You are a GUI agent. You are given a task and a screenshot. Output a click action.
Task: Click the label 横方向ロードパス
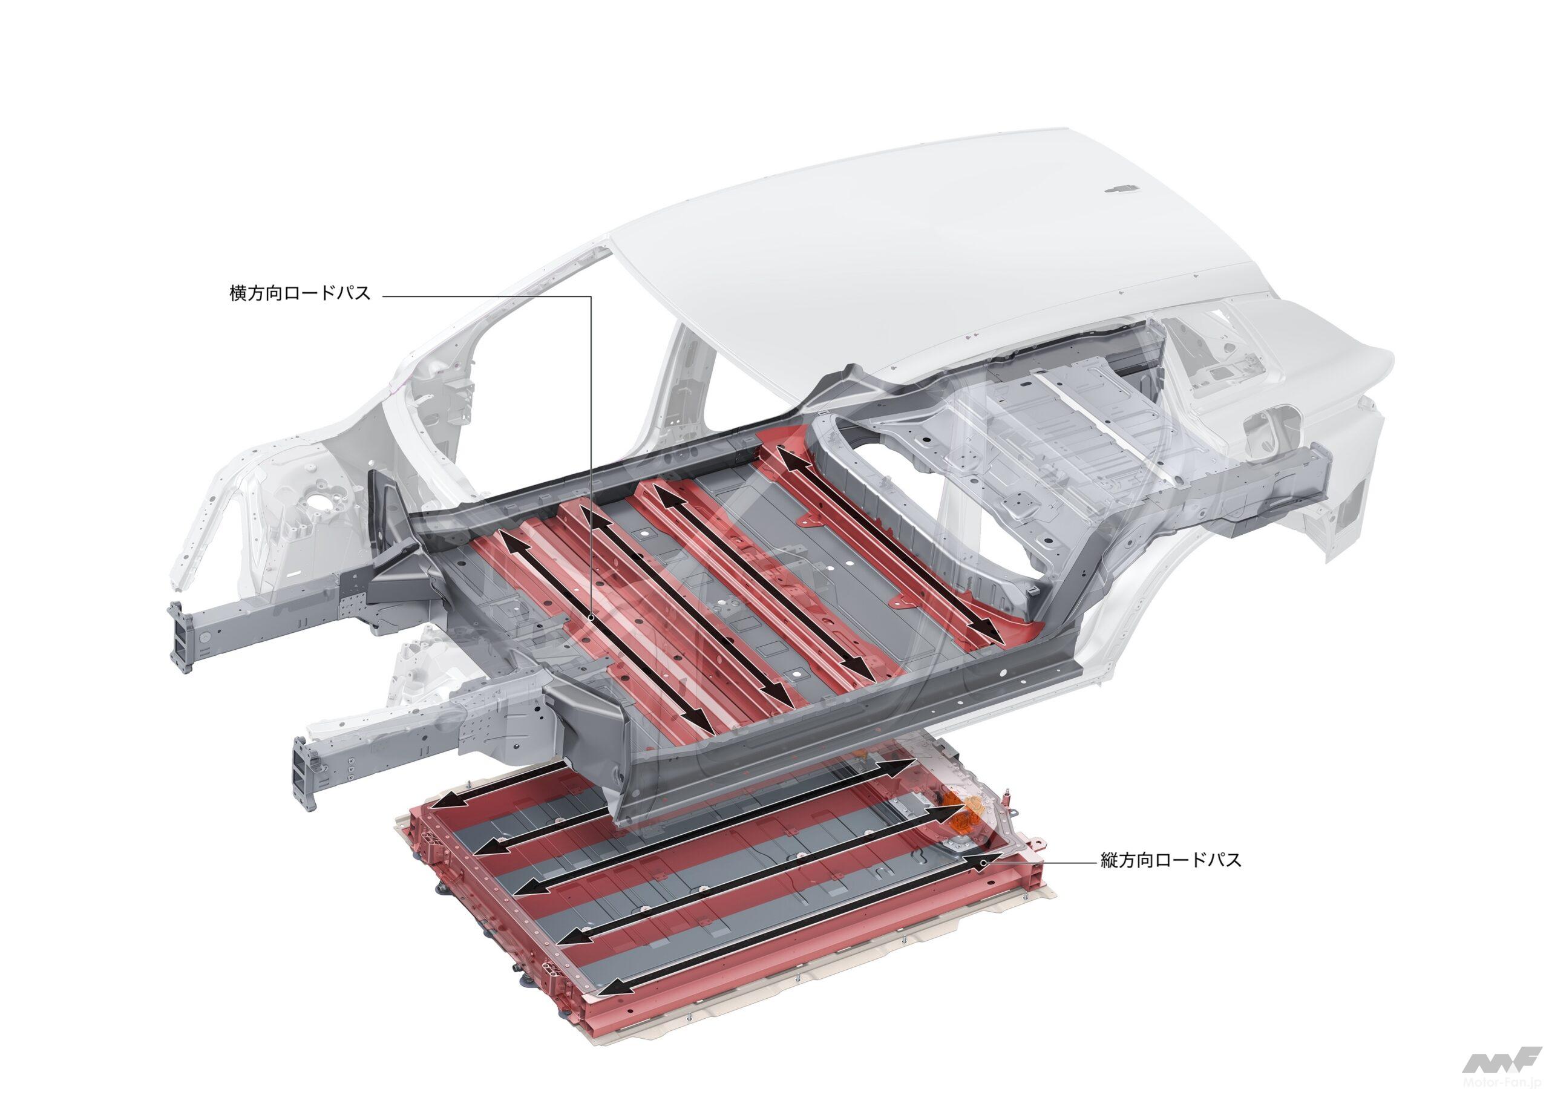click(x=300, y=294)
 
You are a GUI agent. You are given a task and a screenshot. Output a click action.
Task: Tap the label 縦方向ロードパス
click(x=1170, y=861)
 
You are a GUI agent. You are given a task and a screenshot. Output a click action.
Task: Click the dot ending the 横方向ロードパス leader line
click(x=591, y=616)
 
